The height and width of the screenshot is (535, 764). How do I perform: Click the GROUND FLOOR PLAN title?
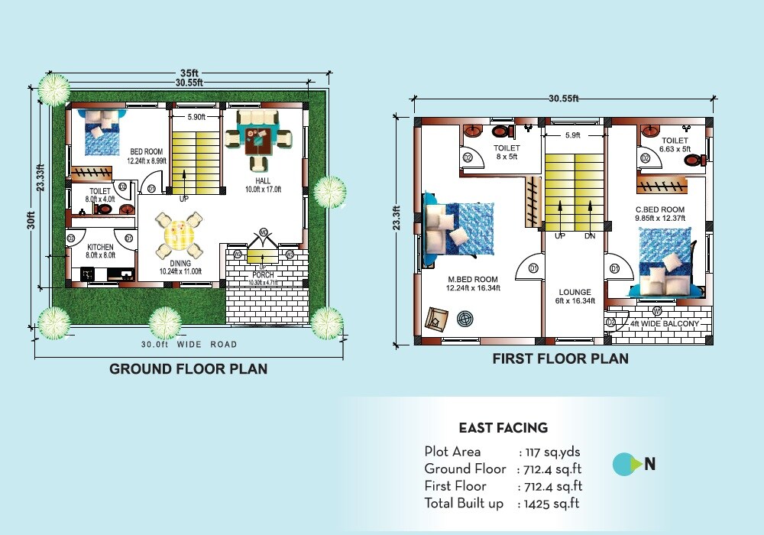click(x=188, y=369)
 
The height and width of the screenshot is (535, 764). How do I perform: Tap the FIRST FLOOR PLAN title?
click(x=560, y=358)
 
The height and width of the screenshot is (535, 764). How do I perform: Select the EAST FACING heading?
click(x=503, y=428)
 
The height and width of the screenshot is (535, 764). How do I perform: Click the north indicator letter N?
click(x=650, y=464)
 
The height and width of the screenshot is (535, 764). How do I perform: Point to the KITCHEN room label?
click(x=100, y=247)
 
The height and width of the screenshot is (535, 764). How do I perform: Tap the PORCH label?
click(x=263, y=275)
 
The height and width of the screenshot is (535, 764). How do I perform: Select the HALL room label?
click(x=264, y=181)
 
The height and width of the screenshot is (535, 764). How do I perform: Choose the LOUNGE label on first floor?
click(x=575, y=292)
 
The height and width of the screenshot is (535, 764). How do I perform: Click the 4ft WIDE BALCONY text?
click(x=664, y=324)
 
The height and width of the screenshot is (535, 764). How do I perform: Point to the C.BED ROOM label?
click(x=659, y=209)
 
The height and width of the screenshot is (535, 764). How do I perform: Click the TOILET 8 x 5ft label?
click(x=506, y=152)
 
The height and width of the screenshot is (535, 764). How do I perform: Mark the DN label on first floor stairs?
click(x=589, y=236)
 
